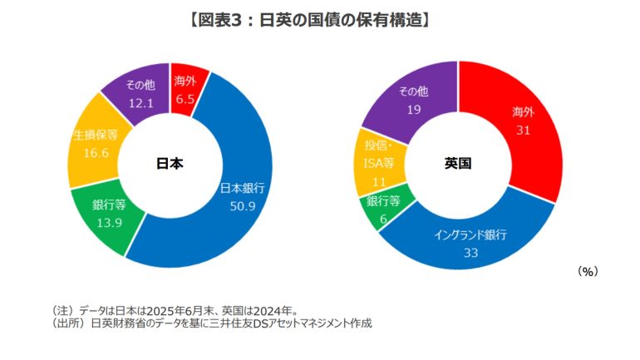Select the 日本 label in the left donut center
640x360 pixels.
coord(170,164)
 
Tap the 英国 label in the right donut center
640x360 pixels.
coord(457,164)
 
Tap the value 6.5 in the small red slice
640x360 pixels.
coord(185,97)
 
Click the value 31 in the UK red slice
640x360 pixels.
coord(523,130)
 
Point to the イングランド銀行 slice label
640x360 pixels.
coord(470,234)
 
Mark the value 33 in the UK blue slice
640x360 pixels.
coord(470,252)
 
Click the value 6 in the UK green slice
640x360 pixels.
coord(383,218)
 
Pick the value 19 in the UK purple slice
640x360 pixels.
coord(414,108)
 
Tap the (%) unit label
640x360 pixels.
coord(587,271)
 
